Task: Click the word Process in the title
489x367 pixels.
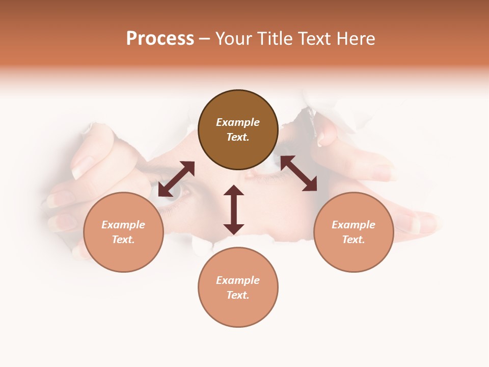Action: [160, 39]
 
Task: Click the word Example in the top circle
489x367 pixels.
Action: [238, 122]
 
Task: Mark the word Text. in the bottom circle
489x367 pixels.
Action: [238, 295]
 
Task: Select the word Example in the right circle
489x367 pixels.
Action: [354, 225]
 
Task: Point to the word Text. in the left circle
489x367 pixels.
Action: [123, 240]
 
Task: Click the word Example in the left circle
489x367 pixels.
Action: [123, 225]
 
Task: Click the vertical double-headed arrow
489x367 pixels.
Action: [234, 209]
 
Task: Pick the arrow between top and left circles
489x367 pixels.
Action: [176, 179]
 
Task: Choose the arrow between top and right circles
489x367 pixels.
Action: [298, 173]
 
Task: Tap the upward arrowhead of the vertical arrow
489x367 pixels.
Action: [234, 191]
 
